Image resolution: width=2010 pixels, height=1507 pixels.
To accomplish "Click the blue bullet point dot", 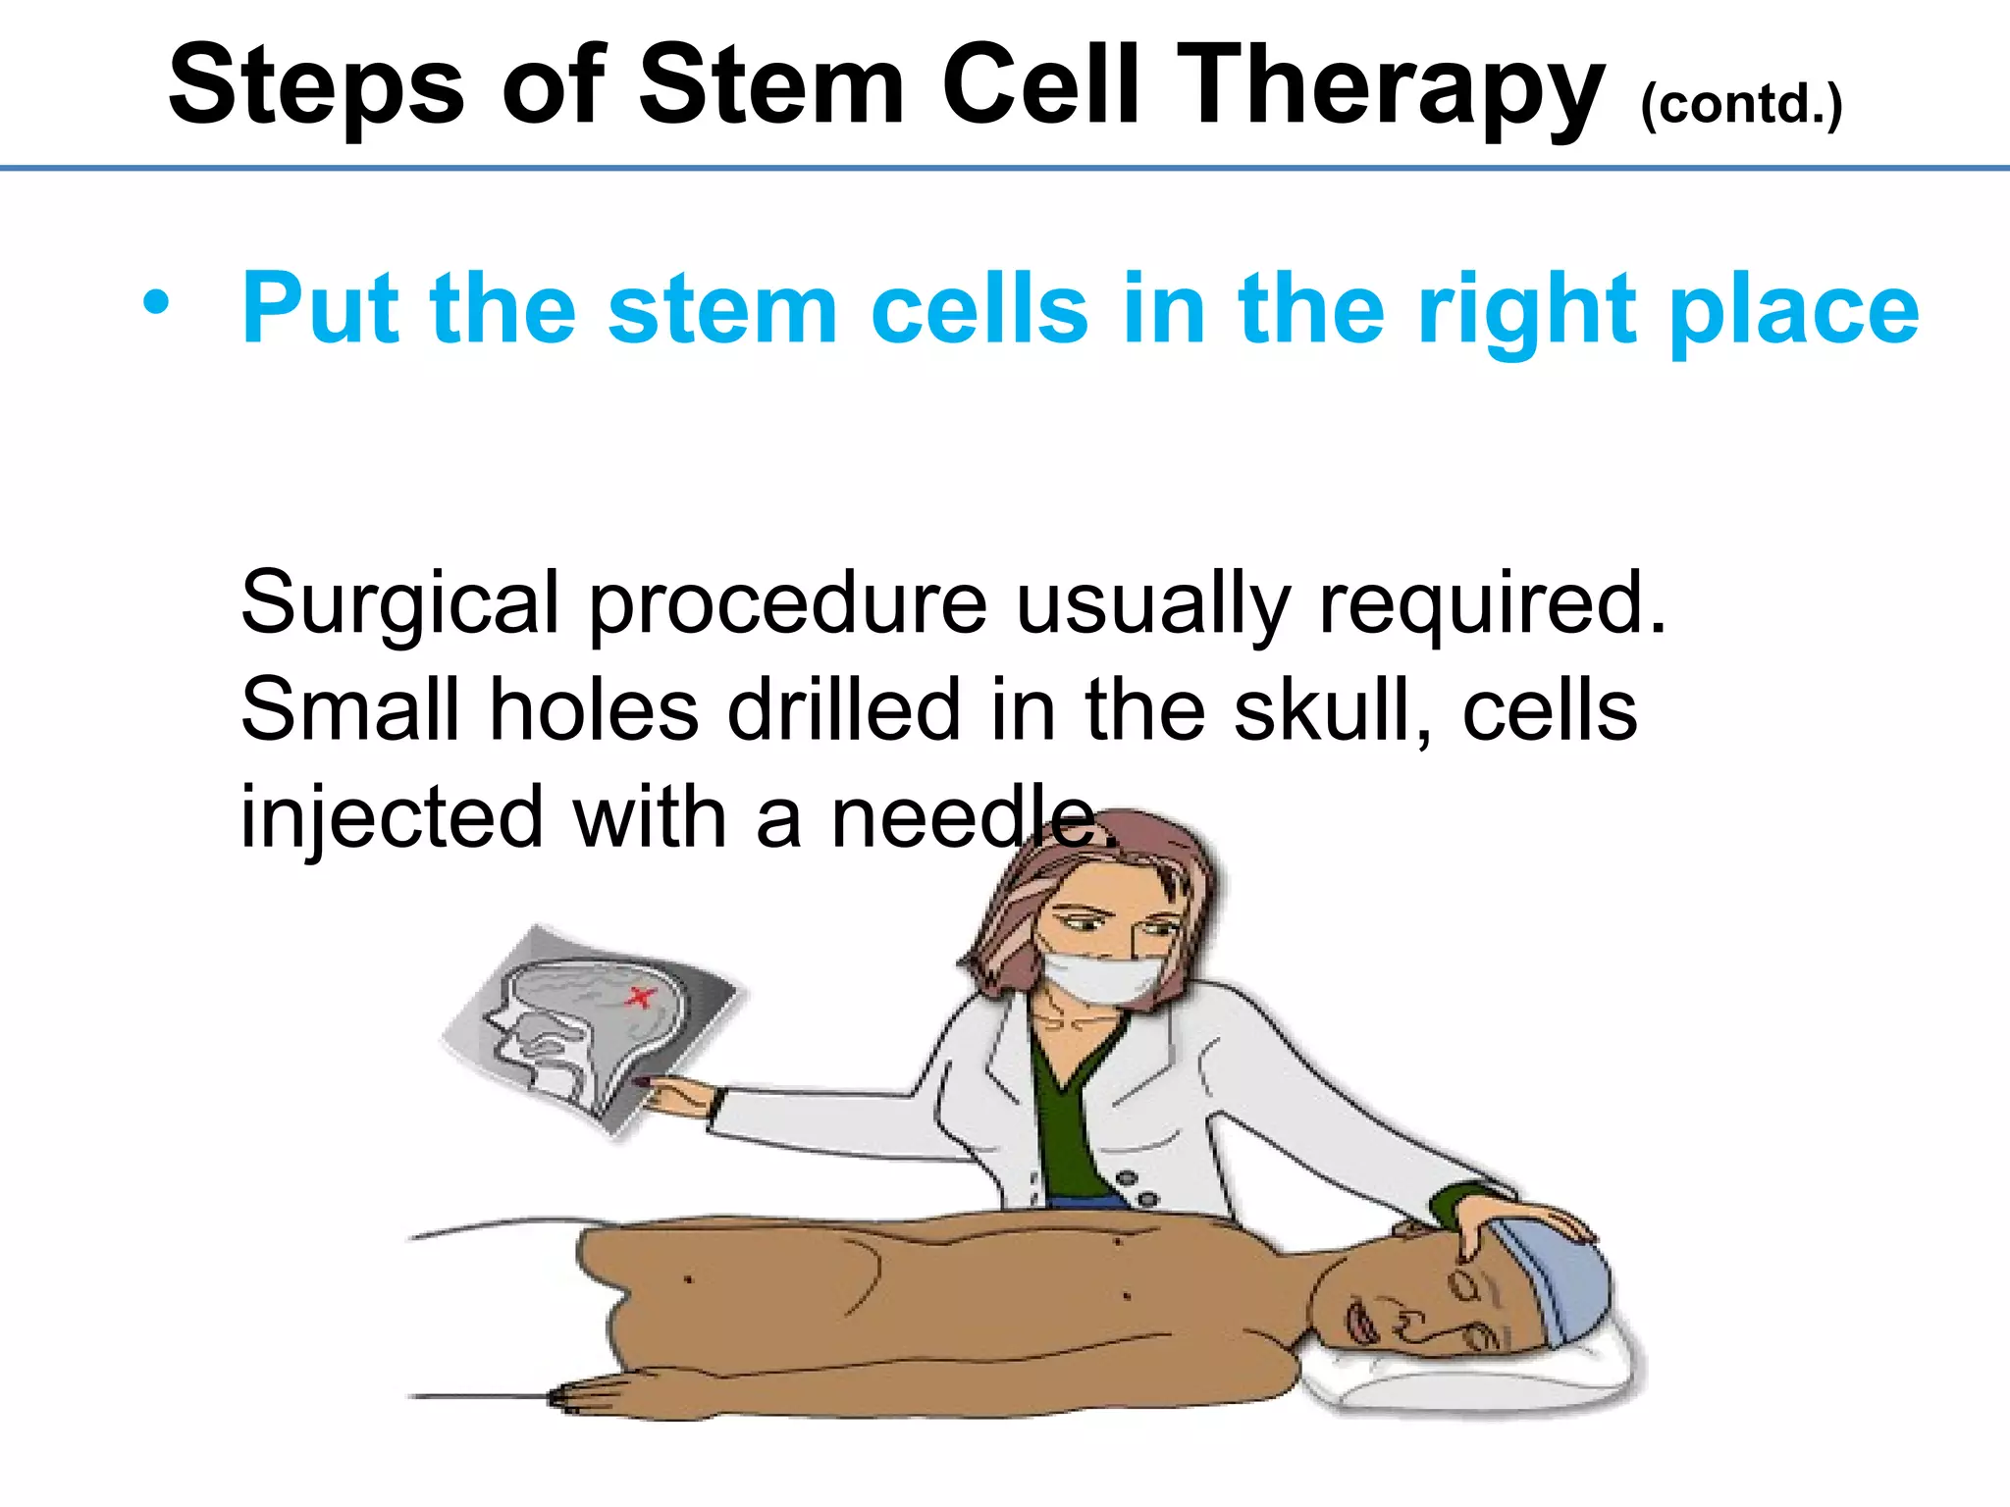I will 155,303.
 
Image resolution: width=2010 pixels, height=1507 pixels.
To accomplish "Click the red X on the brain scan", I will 640,998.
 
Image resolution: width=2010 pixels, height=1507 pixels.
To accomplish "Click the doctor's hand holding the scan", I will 677,1094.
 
